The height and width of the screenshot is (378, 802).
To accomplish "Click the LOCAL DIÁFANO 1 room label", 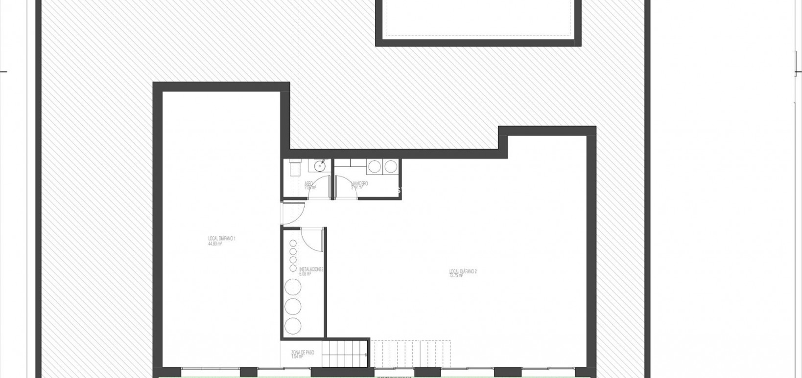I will pyautogui.click(x=222, y=239).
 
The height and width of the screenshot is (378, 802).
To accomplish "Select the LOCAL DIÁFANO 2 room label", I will pyautogui.click(x=463, y=271).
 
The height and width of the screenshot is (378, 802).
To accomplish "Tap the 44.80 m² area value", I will pyautogui.click(x=215, y=243).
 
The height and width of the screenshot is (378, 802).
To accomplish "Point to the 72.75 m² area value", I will pyautogui.click(x=456, y=276).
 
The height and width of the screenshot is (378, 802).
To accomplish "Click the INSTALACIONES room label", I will pyautogui.click(x=311, y=269).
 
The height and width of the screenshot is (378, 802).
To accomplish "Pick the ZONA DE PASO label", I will pyautogui.click(x=303, y=352).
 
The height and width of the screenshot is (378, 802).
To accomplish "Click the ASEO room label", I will pyautogui.click(x=308, y=183).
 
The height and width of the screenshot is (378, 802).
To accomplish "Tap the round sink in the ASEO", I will pyautogui.click(x=319, y=166).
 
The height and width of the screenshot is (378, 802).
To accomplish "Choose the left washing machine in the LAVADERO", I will pyautogui.click(x=375, y=167).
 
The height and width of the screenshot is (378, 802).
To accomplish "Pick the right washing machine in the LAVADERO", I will pyautogui.click(x=391, y=167).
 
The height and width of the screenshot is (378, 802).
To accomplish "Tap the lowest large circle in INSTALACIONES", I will pyautogui.click(x=293, y=326).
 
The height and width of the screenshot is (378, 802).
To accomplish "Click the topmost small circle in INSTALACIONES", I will pyautogui.click(x=293, y=243).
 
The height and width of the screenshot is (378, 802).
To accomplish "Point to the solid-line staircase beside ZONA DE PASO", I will pyautogui.click(x=347, y=353).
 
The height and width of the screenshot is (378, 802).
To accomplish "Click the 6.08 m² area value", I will pyautogui.click(x=305, y=274).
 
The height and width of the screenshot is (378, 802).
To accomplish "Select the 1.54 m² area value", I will pyautogui.click(x=297, y=356).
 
